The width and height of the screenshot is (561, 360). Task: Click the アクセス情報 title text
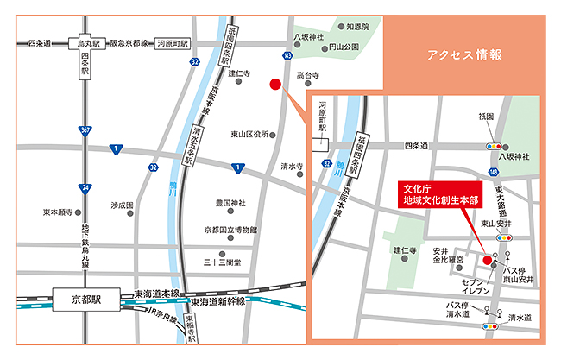(x=464, y=55)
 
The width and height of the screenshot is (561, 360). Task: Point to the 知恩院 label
(x=356, y=27)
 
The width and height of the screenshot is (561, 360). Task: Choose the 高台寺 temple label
(x=308, y=76)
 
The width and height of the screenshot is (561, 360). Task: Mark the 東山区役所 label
(x=249, y=134)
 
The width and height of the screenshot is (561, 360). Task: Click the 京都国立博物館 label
(x=230, y=230)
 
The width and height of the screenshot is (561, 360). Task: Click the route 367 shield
(x=85, y=130)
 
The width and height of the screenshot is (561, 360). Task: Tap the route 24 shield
(x=85, y=187)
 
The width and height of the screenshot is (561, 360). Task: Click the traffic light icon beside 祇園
(x=495, y=147)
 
